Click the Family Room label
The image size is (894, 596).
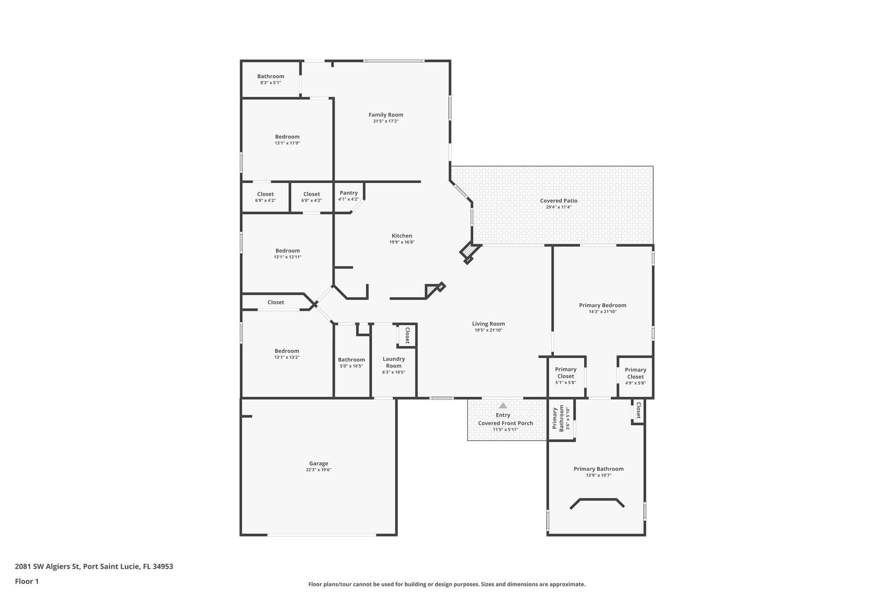point(385,115)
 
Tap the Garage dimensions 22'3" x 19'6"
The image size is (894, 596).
point(318,470)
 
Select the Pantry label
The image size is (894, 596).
point(348,193)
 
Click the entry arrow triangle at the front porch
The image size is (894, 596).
point(503,406)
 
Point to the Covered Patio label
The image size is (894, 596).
point(558,201)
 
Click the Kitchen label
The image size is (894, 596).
point(402,236)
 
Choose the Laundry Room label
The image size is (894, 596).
point(393,362)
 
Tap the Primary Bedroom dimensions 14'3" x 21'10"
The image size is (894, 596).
point(602,312)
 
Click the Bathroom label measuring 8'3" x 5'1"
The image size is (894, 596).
point(270,76)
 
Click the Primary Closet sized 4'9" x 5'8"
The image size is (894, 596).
point(635,373)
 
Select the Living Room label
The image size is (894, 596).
point(488,324)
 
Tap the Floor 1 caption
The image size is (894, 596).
point(27,581)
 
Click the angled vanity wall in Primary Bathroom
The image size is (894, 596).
point(597,500)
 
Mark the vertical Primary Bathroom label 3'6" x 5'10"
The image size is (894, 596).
point(561,419)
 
